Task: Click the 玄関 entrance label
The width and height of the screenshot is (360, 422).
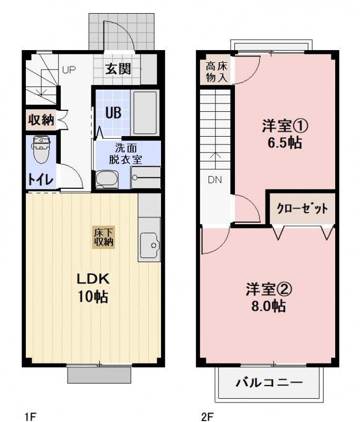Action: pyautogui.click(x=118, y=69)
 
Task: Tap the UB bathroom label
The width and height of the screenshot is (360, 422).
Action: pyautogui.click(x=111, y=112)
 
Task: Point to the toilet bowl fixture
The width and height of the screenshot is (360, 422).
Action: pyautogui.click(x=40, y=151)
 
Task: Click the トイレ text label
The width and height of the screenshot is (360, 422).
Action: pyautogui.click(x=40, y=179)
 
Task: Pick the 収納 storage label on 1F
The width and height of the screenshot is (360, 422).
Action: pyautogui.click(x=41, y=119)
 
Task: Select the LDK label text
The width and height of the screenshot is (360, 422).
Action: pyautogui.click(x=93, y=279)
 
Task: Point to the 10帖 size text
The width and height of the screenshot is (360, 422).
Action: pyautogui.click(x=93, y=296)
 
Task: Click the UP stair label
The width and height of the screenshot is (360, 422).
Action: pyautogui.click(x=69, y=69)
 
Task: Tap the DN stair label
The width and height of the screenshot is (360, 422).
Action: pyautogui.click(x=214, y=179)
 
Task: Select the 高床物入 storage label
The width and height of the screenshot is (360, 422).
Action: pyautogui.click(x=216, y=72)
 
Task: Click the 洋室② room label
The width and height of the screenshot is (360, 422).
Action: pyautogui.click(x=269, y=289)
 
